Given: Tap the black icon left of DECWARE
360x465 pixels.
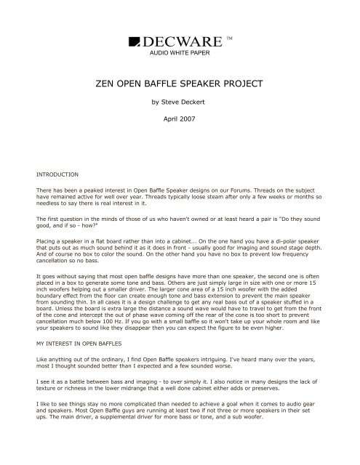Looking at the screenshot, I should (x=136, y=43).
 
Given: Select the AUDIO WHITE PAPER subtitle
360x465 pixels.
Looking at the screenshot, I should (x=180, y=54).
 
